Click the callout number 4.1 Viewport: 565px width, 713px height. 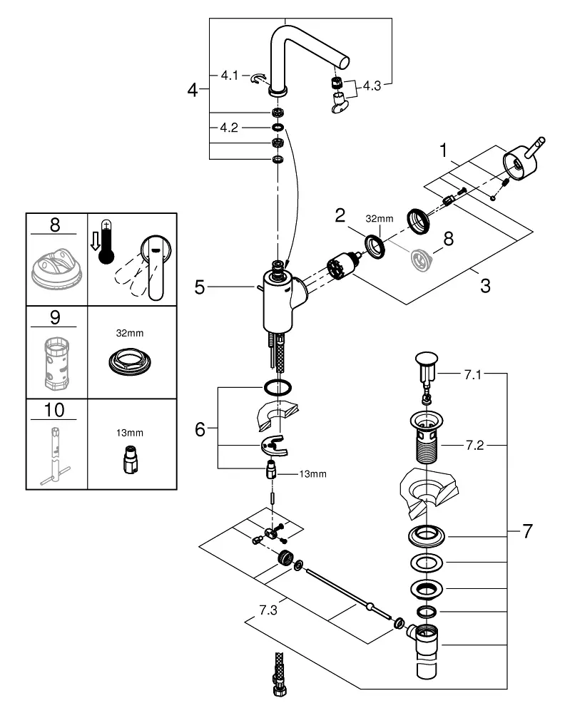click(229, 75)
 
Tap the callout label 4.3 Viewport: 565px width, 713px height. click(372, 86)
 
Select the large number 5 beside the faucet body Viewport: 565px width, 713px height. click(200, 287)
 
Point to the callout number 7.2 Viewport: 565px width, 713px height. click(474, 445)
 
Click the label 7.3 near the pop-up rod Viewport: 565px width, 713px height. click(268, 610)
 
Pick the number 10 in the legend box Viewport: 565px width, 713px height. click(54, 410)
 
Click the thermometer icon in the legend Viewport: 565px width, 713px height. click(106, 242)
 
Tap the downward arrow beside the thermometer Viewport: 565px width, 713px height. click(95, 241)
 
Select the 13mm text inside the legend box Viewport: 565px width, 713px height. click(130, 433)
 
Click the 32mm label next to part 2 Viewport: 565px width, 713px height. click(380, 218)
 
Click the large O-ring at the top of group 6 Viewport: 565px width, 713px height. click(278, 387)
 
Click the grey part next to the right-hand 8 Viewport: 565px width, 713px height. click(421, 260)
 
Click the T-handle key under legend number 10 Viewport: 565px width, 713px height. click(55, 456)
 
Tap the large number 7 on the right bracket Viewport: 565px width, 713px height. click(527, 530)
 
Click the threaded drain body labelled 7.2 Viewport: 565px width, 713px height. click(427, 436)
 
